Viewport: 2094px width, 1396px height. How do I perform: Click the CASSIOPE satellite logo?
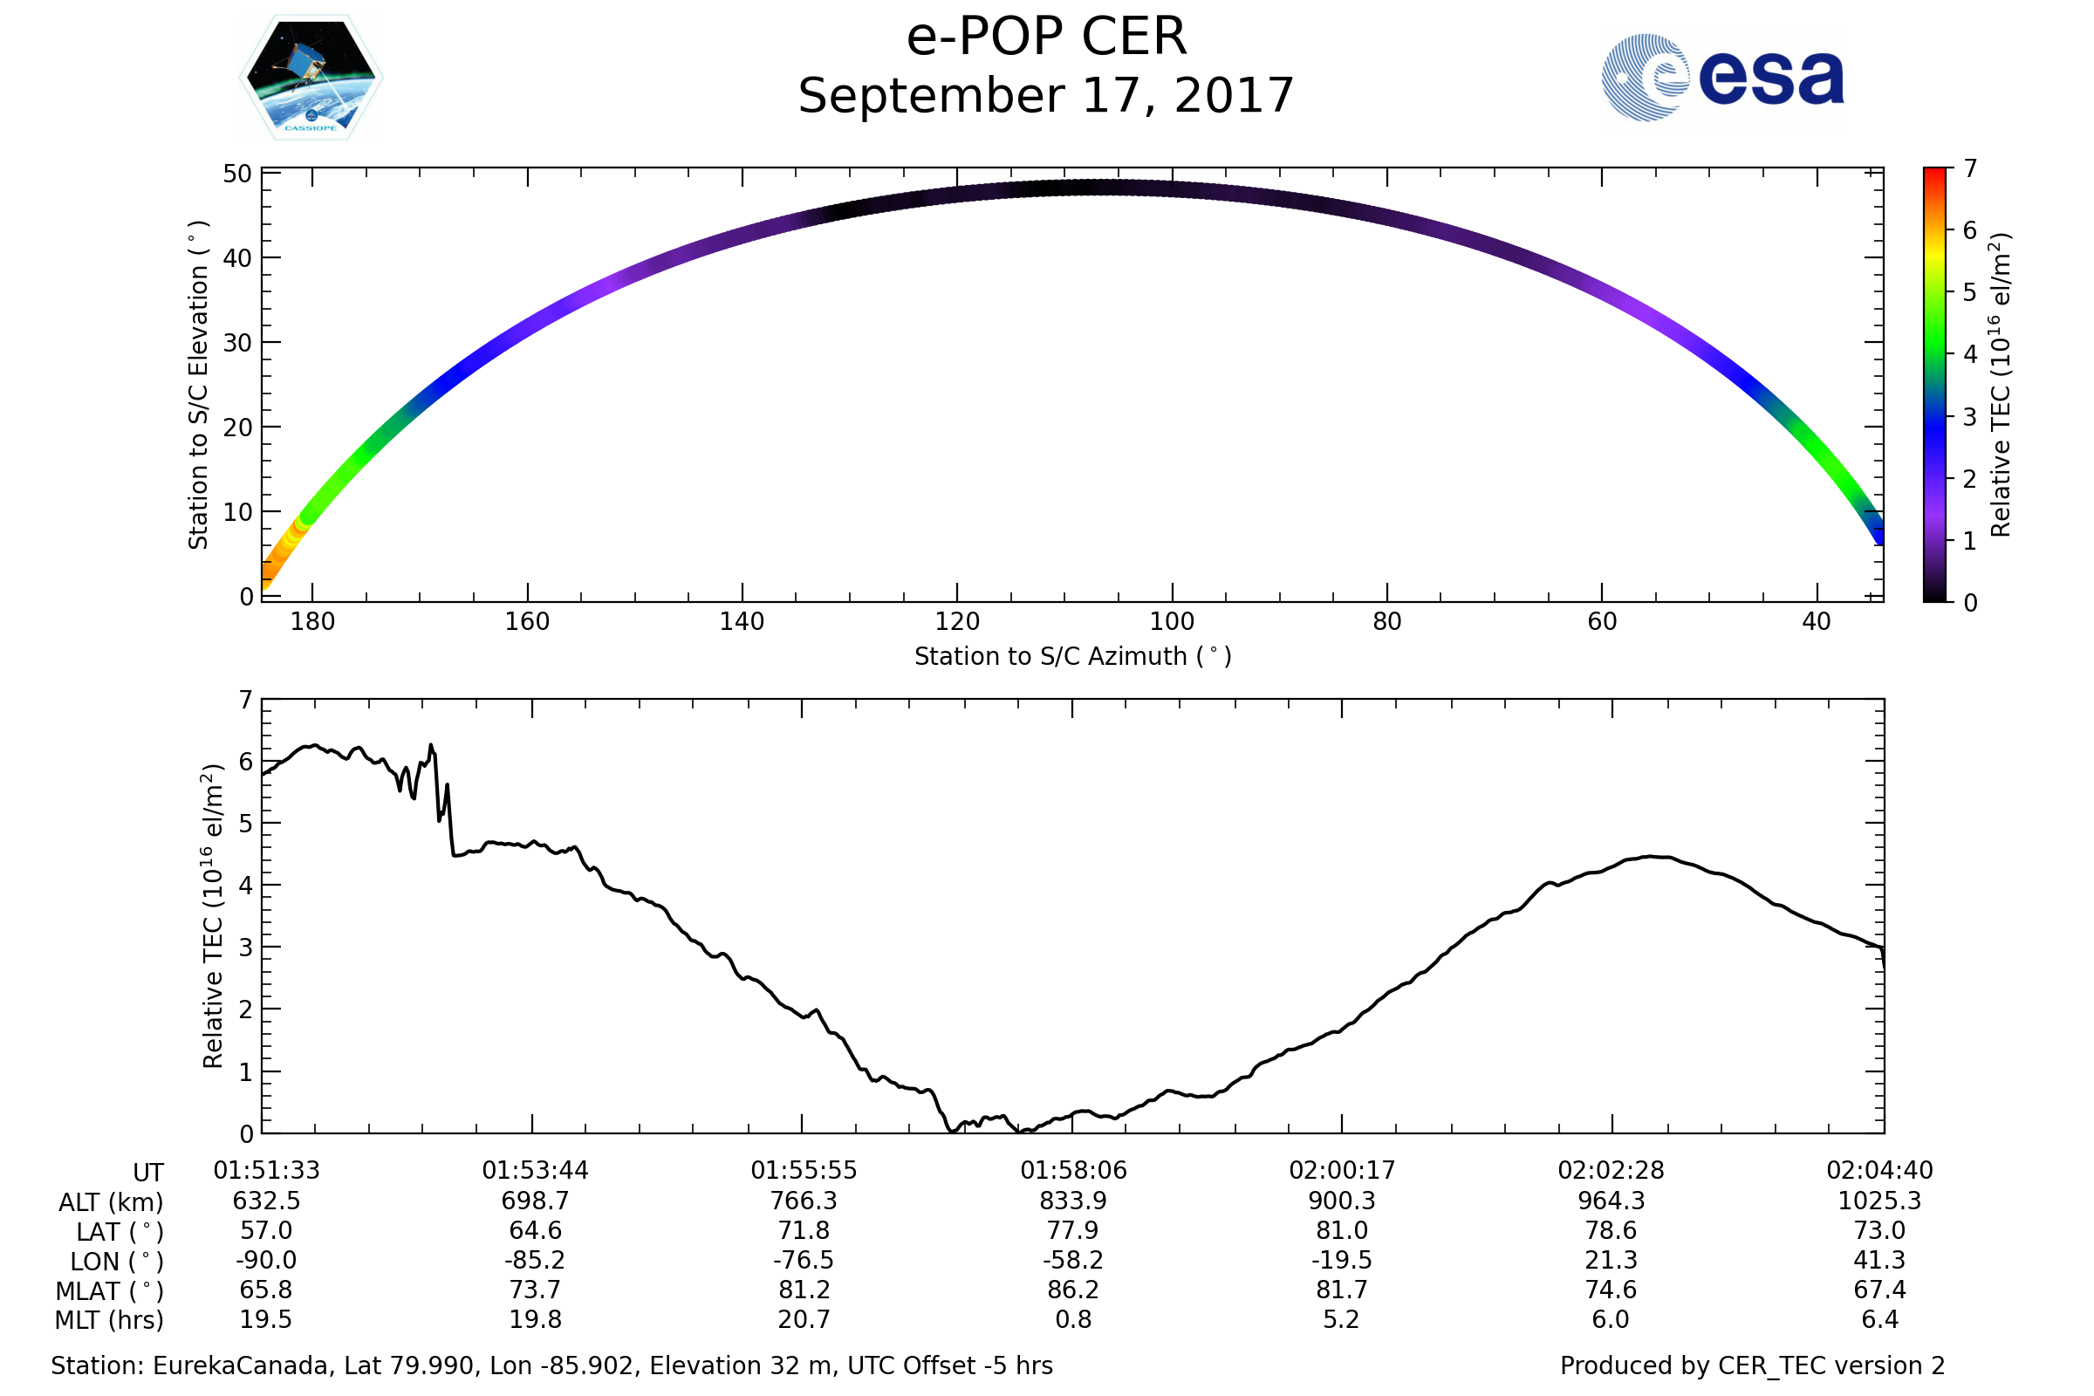click(311, 78)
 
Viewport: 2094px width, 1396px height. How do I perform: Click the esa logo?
click(1721, 78)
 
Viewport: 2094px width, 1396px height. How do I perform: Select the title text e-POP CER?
click(1046, 38)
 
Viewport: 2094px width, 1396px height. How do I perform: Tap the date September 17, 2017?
click(1046, 96)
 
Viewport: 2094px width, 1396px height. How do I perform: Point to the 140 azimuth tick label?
click(742, 621)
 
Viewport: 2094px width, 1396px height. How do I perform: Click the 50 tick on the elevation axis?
click(237, 174)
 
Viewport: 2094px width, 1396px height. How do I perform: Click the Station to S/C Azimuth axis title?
click(1073, 657)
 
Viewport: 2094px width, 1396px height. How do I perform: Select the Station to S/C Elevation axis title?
click(199, 385)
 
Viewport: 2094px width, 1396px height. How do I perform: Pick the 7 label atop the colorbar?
click(1970, 168)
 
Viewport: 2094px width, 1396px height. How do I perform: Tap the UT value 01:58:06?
click(1073, 1171)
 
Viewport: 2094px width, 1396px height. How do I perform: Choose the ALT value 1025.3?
click(1879, 1201)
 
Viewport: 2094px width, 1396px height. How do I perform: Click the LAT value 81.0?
click(1342, 1230)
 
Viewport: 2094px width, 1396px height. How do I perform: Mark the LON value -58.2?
click(1073, 1261)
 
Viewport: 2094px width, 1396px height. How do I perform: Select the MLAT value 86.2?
click(1073, 1290)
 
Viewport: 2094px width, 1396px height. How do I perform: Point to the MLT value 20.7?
click(804, 1319)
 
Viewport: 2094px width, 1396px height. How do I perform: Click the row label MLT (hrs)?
click(110, 1320)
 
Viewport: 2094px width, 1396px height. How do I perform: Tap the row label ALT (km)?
click(112, 1203)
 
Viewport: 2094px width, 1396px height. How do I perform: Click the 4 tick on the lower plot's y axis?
click(247, 886)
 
